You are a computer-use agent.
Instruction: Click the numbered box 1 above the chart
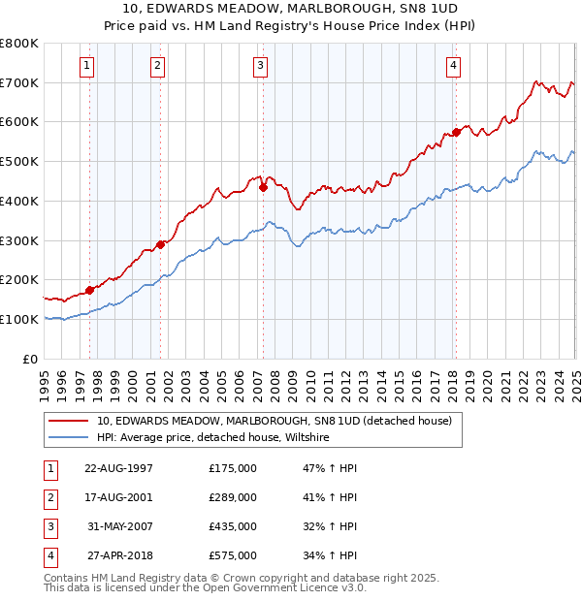coord(86,66)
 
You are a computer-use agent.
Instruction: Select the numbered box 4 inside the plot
coord(453,66)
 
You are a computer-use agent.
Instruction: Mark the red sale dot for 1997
coord(89,289)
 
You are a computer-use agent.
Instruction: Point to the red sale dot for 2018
coord(456,132)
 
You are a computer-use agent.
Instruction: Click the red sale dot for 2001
coord(160,244)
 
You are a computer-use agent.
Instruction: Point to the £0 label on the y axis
coord(31,359)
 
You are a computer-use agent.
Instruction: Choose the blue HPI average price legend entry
coord(212,438)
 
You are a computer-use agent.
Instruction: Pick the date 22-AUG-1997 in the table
coord(118,469)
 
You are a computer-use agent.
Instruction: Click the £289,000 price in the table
coord(233,497)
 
